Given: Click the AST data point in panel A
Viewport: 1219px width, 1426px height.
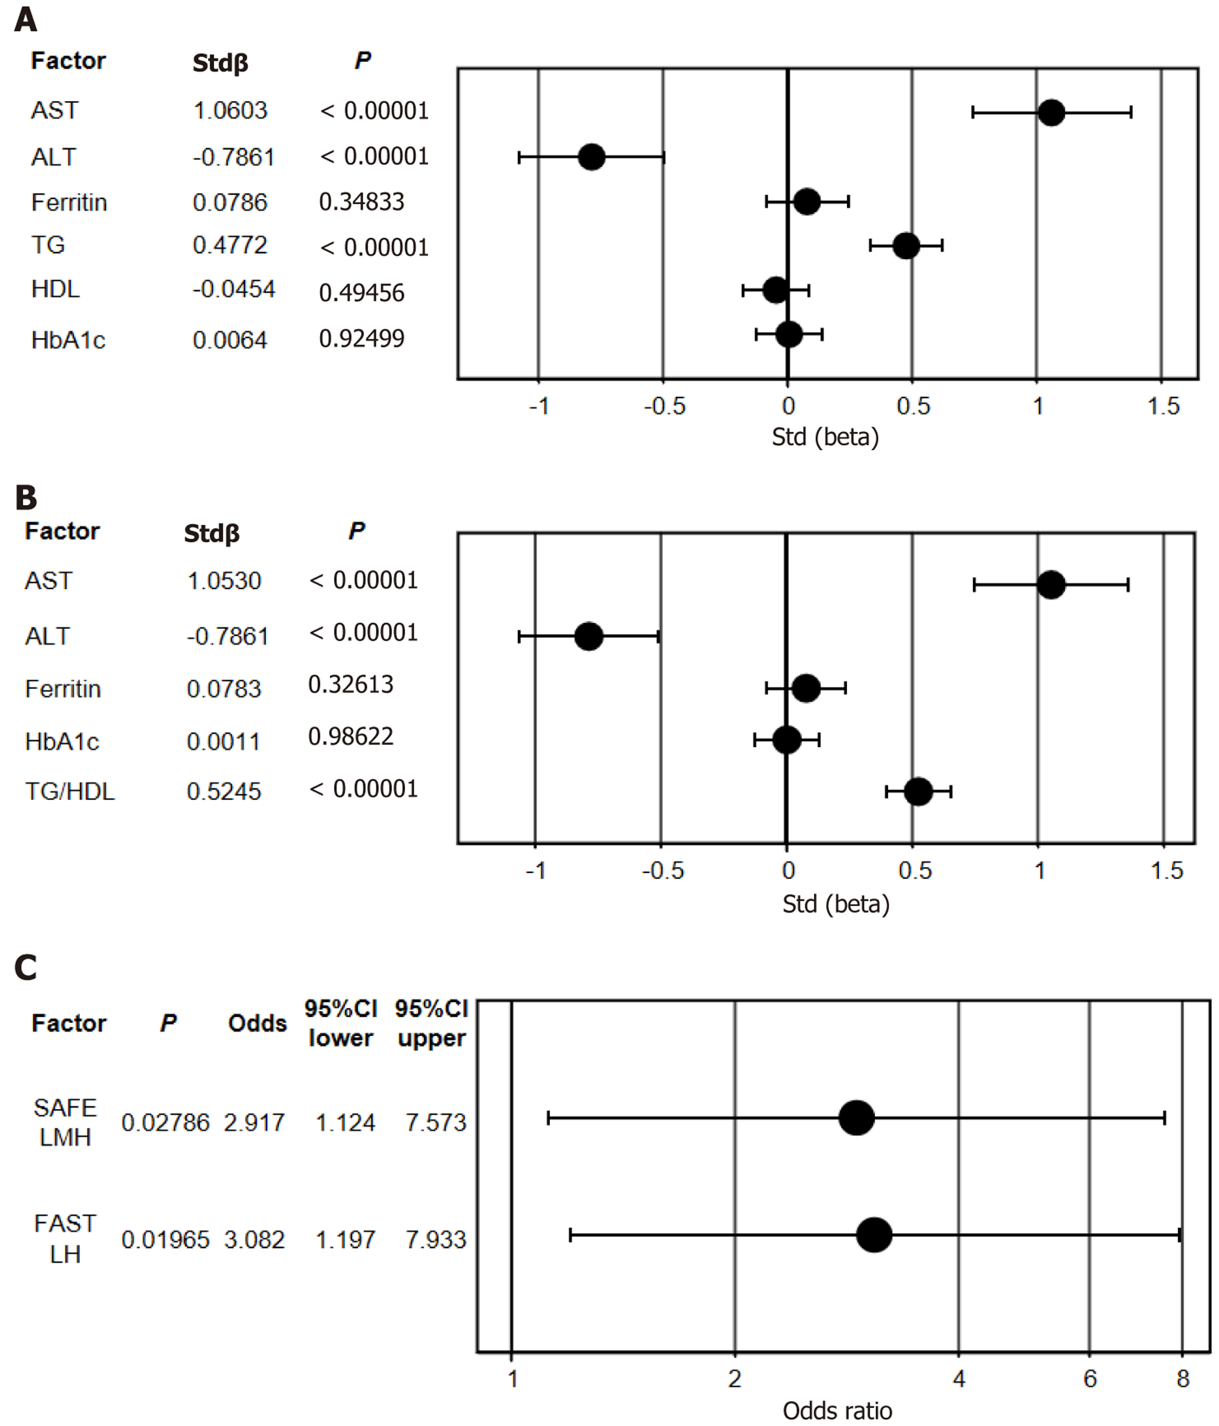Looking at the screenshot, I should [x=1051, y=112].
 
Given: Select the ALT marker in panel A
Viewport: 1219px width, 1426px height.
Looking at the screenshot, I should [x=591, y=157].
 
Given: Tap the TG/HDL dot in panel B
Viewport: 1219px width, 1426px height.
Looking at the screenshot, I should [x=918, y=791].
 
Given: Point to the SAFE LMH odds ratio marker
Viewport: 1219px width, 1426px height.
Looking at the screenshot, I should [x=856, y=1118].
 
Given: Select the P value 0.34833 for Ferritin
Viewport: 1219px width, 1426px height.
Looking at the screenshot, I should [x=361, y=202].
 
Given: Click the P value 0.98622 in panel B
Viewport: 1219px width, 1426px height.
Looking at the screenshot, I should [x=350, y=736].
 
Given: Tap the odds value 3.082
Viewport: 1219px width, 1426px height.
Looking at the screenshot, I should [x=254, y=1239].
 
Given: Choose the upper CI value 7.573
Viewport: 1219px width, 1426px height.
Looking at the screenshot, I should [x=436, y=1123].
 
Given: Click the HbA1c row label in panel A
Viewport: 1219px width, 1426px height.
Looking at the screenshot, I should [x=68, y=340].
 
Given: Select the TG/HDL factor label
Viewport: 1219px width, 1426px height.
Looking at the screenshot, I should [x=69, y=791].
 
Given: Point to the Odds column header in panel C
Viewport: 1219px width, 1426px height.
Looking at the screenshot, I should [x=257, y=1023].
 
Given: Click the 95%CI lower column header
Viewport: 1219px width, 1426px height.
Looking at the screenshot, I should [x=341, y=1023].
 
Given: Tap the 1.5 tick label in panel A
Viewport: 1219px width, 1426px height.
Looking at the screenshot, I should [x=1163, y=406].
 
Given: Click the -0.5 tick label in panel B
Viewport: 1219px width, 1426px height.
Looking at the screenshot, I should [x=663, y=871].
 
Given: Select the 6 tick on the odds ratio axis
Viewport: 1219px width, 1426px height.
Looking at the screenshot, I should [x=1090, y=1378].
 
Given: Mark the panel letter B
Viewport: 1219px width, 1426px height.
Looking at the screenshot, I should [x=26, y=497].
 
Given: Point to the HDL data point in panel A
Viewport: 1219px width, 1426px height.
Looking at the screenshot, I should [x=776, y=290].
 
